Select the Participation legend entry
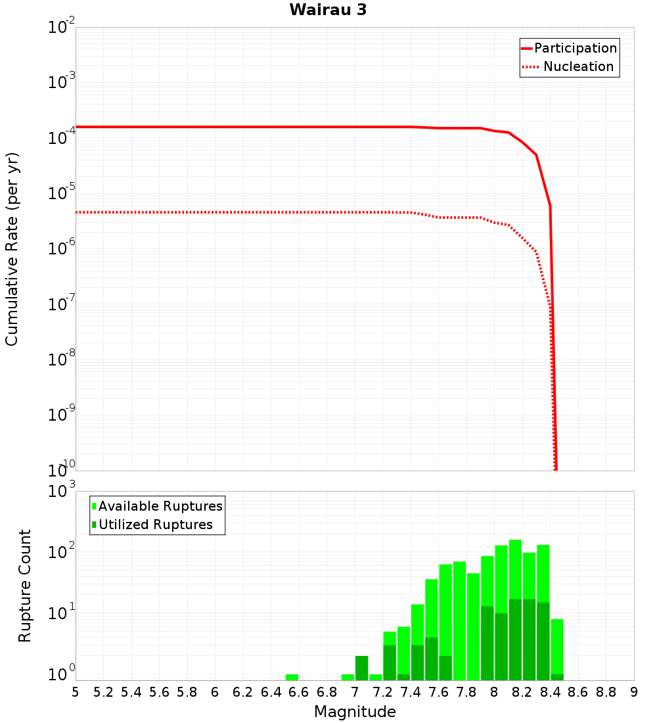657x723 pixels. tap(575, 48)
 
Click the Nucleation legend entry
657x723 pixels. tap(578, 66)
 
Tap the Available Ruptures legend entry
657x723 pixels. tap(160, 506)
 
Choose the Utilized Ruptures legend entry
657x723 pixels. tap(155, 525)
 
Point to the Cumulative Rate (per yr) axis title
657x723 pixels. tap(12, 249)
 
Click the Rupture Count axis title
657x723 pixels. tap(25, 585)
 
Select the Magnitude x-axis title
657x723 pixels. tap(355, 712)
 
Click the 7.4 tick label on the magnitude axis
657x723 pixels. tap(411, 692)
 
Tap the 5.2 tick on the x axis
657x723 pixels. tap(103, 692)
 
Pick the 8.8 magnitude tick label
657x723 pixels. tap(606, 692)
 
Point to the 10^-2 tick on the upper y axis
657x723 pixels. tap(62, 28)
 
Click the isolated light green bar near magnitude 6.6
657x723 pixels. tap(292, 677)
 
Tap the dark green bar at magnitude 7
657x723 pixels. tap(361, 668)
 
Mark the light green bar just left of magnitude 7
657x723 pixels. tap(348, 677)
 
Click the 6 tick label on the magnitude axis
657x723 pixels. tap(215, 692)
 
